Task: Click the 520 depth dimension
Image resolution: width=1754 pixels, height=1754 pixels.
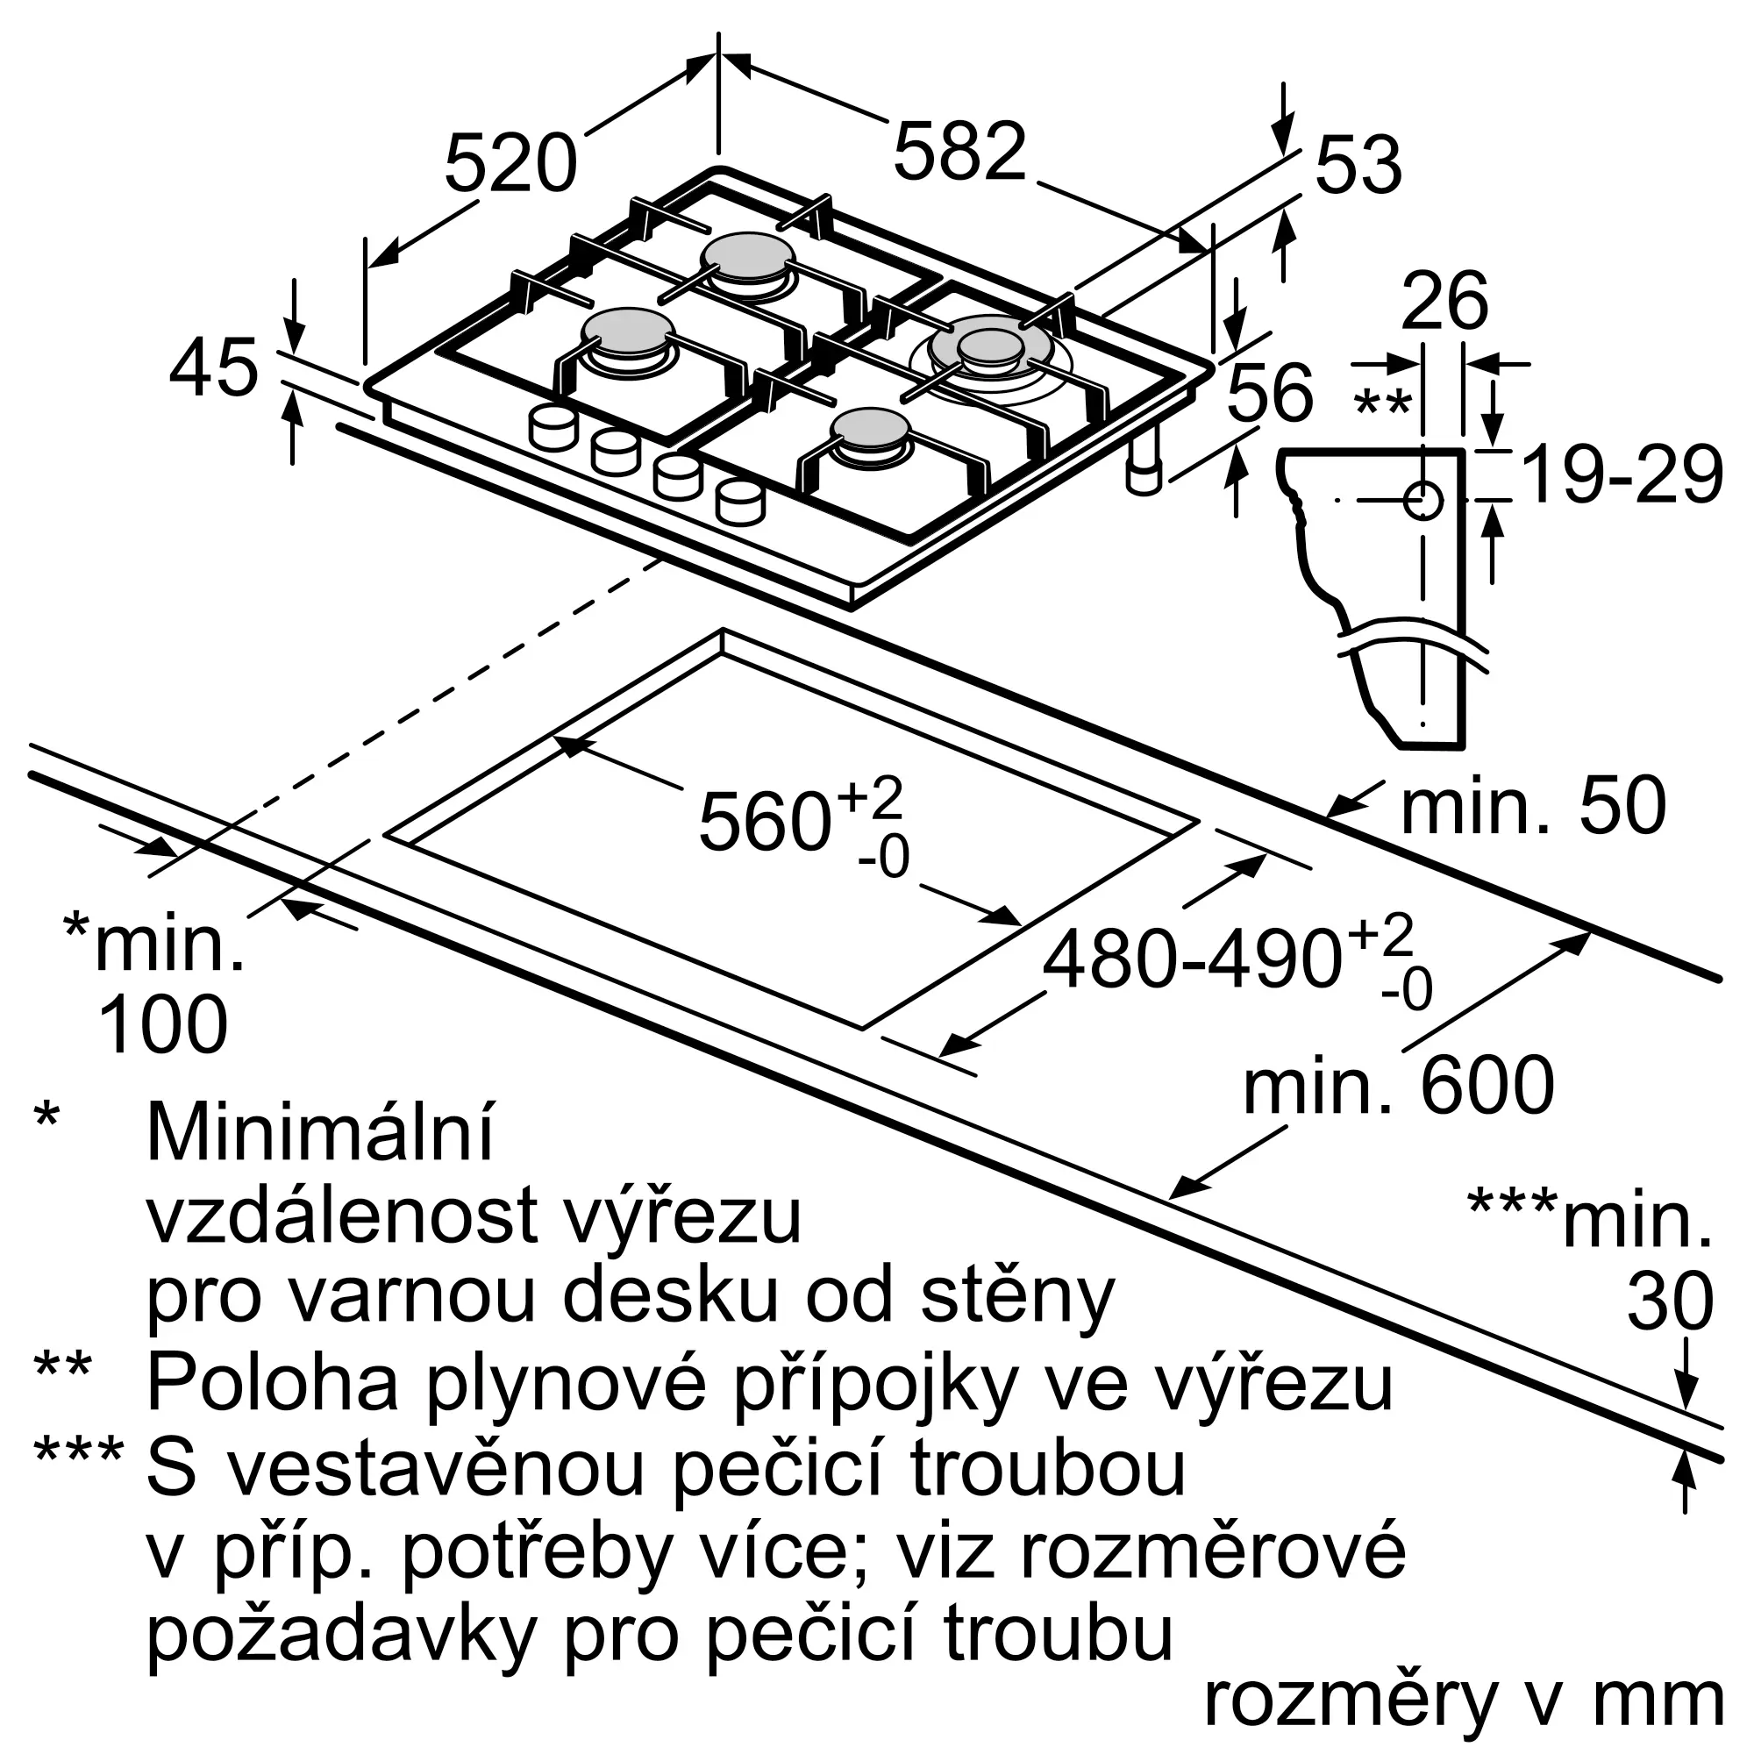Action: coord(510,163)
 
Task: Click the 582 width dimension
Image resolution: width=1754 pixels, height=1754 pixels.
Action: coord(959,151)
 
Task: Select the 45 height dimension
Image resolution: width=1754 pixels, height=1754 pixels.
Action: coord(213,367)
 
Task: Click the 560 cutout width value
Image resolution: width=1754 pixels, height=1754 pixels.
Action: coord(765,823)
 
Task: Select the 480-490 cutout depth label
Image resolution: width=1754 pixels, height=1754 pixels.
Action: coord(1192,959)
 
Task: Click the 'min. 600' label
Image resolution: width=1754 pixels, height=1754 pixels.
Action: coord(1398,1085)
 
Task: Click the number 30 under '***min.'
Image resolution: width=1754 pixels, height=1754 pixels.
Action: coord(1670,1301)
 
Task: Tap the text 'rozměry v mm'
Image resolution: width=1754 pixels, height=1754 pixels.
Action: coord(1464,1697)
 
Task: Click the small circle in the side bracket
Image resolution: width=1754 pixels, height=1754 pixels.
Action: coord(1422,500)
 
